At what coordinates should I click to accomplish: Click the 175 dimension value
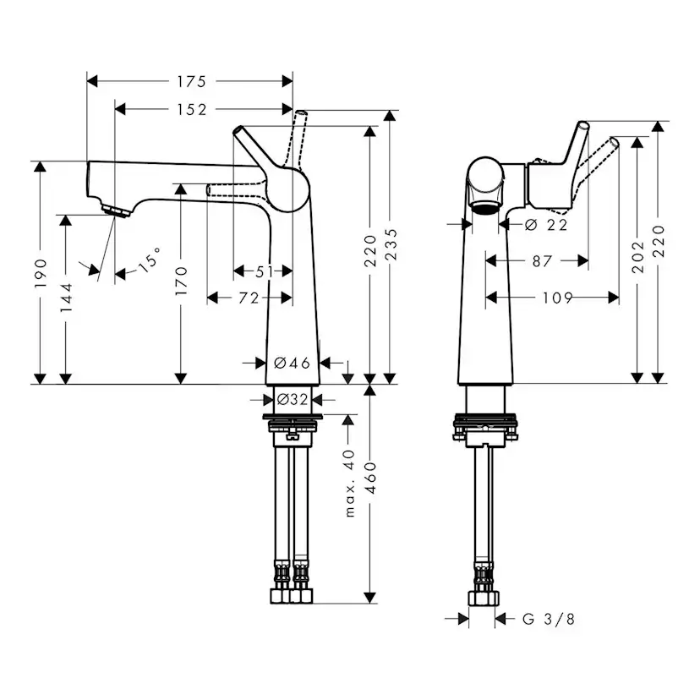[190, 82]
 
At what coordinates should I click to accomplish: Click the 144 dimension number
[67, 298]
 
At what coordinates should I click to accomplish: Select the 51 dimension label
[264, 271]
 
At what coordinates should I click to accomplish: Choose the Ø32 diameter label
[293, 399]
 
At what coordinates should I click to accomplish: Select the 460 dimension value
[370, 479]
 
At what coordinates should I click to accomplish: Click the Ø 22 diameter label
[544, 224]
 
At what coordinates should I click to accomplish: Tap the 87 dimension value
[542, 261]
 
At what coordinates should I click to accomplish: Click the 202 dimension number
[638, 256]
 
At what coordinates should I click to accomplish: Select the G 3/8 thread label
[548, 620]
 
